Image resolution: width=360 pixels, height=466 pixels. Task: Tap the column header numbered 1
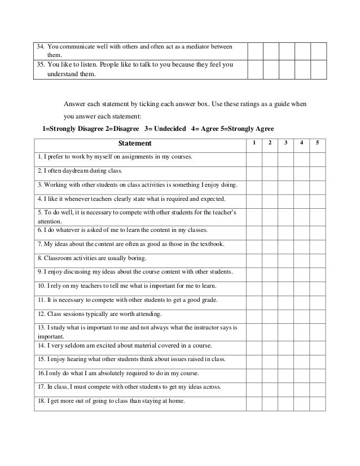pyautogui.click(x=254, y=143)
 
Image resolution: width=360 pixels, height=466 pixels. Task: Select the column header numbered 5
pyautogui.click(x=318, y=143)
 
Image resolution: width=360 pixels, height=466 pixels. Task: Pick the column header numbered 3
pyautogui.click(x=286, y=143)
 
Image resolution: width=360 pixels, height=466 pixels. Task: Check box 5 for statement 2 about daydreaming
pyautogui.click(x=318, y=170)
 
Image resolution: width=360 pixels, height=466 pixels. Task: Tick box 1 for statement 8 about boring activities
pyautogui.click(x=254, y=258)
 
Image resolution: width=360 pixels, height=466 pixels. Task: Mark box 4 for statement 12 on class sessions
pyautogui.click(x=302, y=313)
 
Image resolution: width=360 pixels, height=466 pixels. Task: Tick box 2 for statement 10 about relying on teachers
pyautogui.click(x=270, y=285)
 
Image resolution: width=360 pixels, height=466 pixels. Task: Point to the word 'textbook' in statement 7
pyautogui.click(x=210, y=244)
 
